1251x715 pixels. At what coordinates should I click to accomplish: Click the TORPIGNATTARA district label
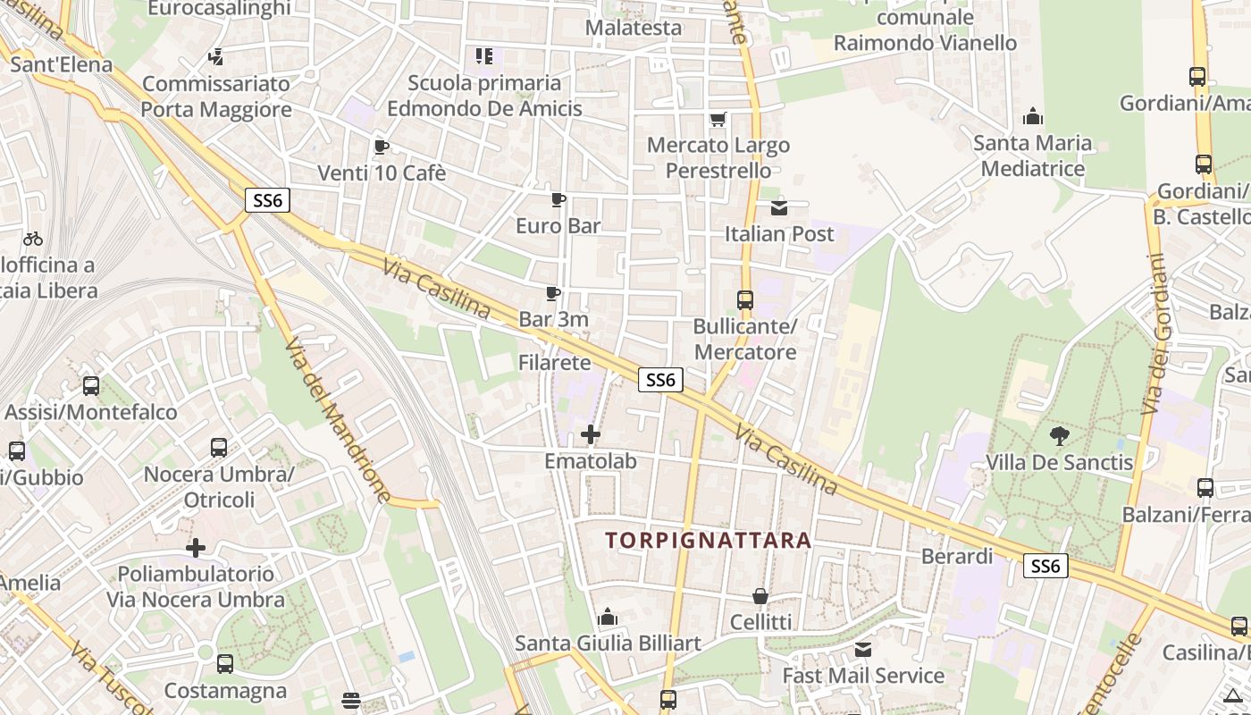point(708,541)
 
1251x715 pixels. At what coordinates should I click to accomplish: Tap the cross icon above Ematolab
point(591,435)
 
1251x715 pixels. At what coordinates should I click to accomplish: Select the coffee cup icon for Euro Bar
point(558,199)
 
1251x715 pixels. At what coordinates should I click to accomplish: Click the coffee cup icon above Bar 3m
point(553,293)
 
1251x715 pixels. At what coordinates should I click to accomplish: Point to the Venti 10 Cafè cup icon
point(382,147)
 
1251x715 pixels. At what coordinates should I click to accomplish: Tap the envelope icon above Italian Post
point(779,208)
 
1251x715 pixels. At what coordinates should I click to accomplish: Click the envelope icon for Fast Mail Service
point(863,650)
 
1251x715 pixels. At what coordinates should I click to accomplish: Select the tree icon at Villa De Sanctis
point(1060,436)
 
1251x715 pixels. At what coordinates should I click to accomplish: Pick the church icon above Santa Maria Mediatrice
point(1033,116)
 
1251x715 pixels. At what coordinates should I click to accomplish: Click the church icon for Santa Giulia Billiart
point(608,617)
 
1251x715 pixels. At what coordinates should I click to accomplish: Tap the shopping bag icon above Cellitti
point(760,595)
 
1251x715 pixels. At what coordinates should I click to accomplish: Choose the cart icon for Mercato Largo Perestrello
point(718,119)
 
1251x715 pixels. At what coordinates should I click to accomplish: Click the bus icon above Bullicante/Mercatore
point(745,300)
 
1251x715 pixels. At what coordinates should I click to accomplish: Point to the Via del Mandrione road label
point(339,420)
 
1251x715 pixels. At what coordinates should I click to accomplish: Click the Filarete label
point(555,363)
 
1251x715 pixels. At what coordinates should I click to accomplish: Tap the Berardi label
point(957,556)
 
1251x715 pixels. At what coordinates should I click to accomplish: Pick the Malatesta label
point(634,28)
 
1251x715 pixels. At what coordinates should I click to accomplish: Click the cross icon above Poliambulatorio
point(196,547)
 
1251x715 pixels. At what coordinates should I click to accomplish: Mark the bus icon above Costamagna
point(225,664)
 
